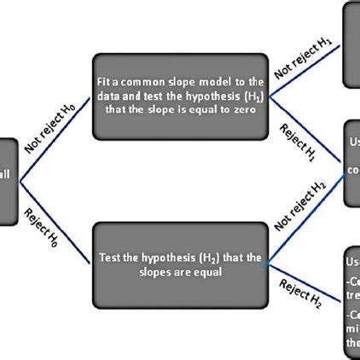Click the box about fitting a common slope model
coord(180,96)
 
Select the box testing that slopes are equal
coord(180,264)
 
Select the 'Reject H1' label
coord(298,143)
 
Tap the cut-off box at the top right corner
coord(351,43)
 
